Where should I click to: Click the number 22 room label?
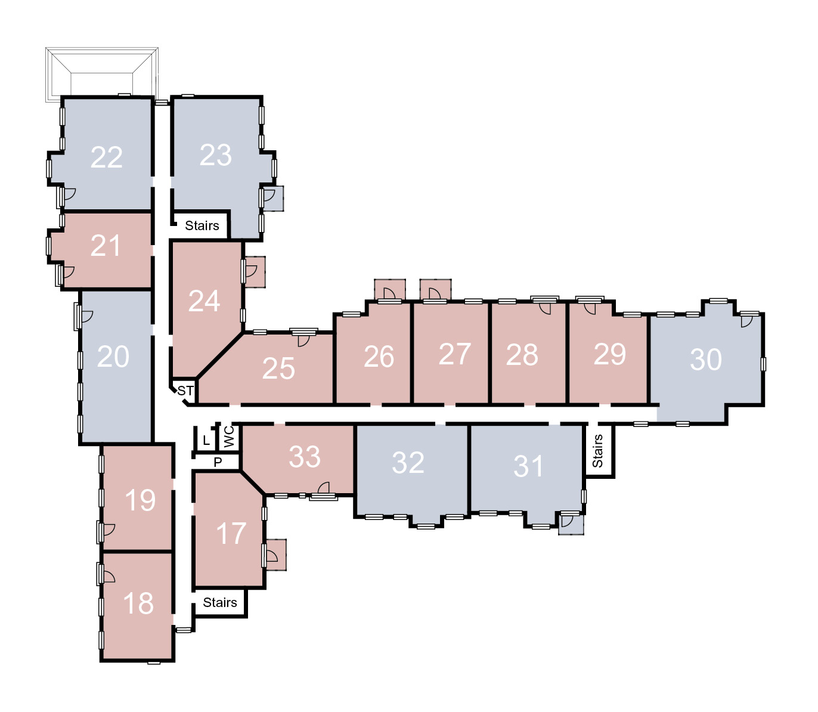tap(106, 157)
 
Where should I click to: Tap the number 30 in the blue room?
tap(706, 360)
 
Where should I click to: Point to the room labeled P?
tap(218, 462)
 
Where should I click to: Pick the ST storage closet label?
tap(185, 391)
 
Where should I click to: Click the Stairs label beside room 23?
tap(202, 225)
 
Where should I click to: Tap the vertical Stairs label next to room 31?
tap(597, 451)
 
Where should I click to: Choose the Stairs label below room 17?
tap(220, 602)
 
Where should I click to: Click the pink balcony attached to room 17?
tap(276, 555)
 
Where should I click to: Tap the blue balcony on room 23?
tap(274, 199)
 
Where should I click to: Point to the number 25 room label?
tap(278, 369)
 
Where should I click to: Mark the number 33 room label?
tap(305, 457)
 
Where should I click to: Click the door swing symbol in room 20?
tap(87, 317)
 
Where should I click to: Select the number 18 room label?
tap(138, 603)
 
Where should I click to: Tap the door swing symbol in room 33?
tap(323, 488)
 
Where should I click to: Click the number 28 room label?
tap(522, 355)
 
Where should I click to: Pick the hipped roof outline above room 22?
tap(101, 75)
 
